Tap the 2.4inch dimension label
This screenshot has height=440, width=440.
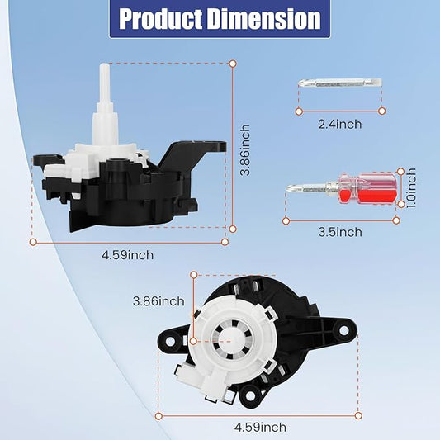click(x=340, y=124)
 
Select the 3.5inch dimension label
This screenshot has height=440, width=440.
click(x=340, y=232)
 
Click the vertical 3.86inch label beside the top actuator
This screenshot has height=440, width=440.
click(x=244, y=147)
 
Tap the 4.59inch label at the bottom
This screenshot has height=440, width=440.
click(x=260, y=427)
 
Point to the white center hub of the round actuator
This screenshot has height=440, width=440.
click(x=220, y=338)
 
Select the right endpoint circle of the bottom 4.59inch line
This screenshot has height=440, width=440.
click(x=357, y=414)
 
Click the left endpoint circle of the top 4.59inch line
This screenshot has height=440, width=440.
click(x=34, y=242)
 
